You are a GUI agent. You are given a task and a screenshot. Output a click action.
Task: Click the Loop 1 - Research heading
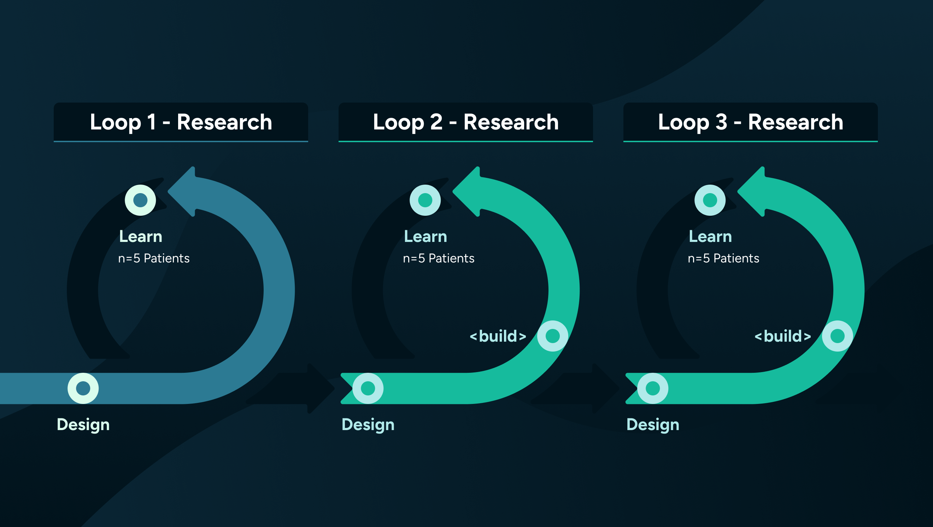(x=181, y=122)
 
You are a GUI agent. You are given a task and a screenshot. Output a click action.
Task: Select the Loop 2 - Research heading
(x=465, y=122)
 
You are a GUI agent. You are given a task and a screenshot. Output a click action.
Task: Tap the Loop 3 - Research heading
(x=750, y=122)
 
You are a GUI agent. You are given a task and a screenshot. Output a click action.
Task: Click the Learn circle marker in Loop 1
(x=140, y=200)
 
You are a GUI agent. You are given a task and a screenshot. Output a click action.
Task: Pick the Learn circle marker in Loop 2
(x=425, y=200)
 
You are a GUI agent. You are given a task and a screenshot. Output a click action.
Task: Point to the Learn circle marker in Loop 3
(x=710, y=200)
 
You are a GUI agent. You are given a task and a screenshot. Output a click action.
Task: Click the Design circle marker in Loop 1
(x=83, y=388)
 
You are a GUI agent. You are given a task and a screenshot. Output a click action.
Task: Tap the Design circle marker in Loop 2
(x=368, y=388)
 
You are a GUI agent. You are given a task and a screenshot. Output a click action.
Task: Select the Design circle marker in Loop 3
(x=653, y=388)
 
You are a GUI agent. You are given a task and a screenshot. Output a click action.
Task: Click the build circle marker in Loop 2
(x=552, y=336)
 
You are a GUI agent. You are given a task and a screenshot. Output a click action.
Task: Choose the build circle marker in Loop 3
(x=837, y=336)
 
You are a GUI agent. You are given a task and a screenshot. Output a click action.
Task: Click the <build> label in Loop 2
(x=498, y=336)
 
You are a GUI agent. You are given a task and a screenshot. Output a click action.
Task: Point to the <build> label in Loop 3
(x=783, y=336)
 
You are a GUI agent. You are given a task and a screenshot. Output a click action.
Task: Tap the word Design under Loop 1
(x=83, y=424)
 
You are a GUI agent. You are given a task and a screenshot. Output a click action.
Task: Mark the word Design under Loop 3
(x=653, y=424)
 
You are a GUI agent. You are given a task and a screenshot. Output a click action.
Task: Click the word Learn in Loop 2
(x=425, y=236)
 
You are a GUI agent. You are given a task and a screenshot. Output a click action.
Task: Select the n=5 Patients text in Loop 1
(x=154, y=258)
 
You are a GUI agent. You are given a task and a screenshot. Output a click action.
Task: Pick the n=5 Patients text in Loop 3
(x=723, y=258)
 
